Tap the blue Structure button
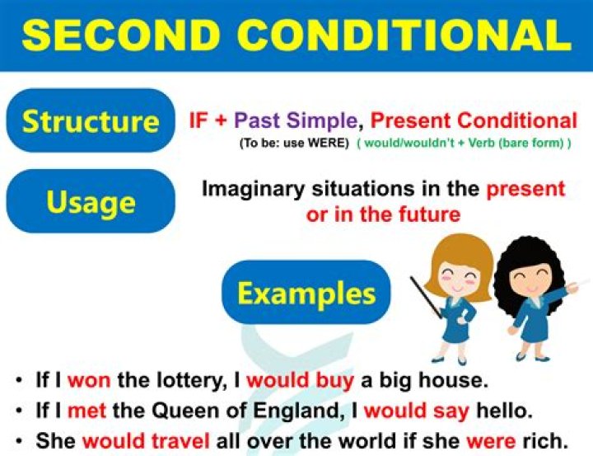(91, 121)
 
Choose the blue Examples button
(306, 294)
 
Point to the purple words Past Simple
(296, 120)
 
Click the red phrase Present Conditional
(474, 120)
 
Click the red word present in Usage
(525, 188)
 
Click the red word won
(88, 380)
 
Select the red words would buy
(300, 380)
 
